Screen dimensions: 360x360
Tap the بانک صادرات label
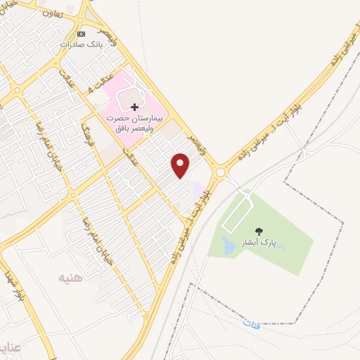[x=81, y=44]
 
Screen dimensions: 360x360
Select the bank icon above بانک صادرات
[x=82, y=34]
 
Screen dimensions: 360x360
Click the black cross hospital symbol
[x=134, y=107]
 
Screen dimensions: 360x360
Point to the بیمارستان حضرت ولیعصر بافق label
[x=134, y=124]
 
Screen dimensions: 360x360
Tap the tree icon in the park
[x=259, y=231]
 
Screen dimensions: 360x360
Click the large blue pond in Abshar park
[x=229, y=245]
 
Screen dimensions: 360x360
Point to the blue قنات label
[x=252, y=323]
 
